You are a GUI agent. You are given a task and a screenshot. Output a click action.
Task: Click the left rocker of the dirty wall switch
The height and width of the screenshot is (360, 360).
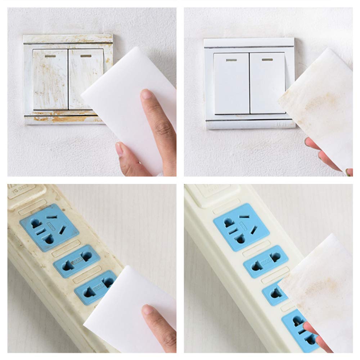pos(50,79)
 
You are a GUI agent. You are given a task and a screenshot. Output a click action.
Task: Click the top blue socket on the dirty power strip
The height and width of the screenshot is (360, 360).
pos(49,227)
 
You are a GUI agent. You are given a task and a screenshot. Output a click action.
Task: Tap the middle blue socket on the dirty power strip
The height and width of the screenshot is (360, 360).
pos(77,260)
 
